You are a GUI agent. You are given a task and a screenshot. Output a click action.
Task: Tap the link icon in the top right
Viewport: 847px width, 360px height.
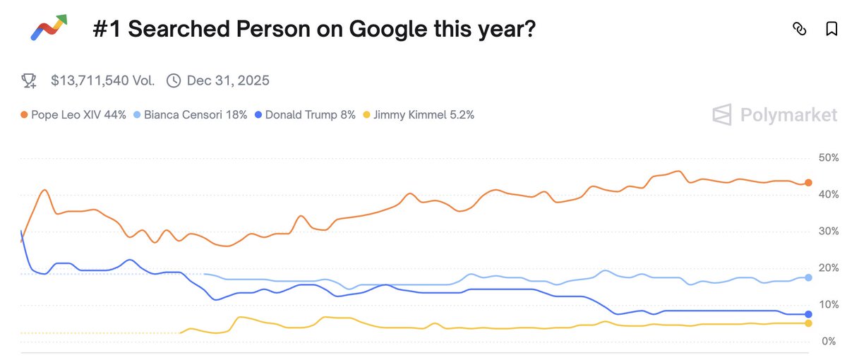(x=799, y=29)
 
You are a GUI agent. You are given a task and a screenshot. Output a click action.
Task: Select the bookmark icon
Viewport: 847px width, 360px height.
(x=831, y=29)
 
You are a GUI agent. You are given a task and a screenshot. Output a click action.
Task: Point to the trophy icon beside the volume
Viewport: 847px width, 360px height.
(x=29, y=80)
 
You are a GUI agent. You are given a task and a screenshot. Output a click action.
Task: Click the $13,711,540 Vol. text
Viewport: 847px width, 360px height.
(x=102, y=80)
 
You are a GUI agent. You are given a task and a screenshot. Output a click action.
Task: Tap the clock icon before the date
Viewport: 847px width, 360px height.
(x=173, y=80)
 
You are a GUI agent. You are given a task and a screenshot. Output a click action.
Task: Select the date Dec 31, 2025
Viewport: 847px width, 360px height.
(x=228, y=80)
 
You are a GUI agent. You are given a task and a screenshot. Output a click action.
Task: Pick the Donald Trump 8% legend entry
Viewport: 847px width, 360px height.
(x=304, y=114)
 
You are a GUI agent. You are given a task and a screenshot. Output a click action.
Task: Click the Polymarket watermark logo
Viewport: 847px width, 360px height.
(x=774, y=114)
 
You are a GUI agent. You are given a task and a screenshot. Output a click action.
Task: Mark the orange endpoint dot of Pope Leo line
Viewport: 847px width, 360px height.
(x=808, y=183)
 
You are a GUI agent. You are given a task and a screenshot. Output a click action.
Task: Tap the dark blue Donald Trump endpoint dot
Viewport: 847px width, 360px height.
(x=808, y=314)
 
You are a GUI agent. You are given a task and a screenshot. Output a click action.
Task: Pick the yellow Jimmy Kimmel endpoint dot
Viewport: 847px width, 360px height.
(x=808, y=323)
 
